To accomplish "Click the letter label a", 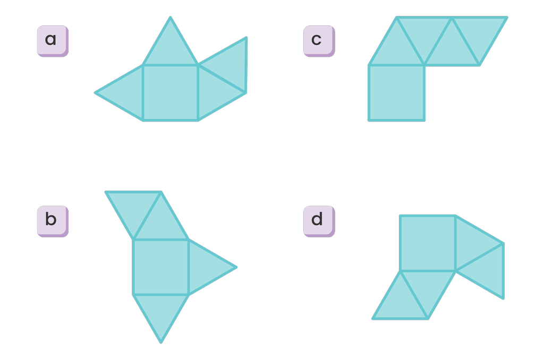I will pyautogui.click(x=52, y=40).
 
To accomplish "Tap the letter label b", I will pyautogui.click(x=52, y=220).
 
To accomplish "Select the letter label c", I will pyautogui.click(x=319, y=40).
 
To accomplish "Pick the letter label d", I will pyautogui.click(x=319, y=220).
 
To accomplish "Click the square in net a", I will pyautogui.click(x=170, y=93).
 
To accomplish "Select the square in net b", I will pyautogui.click(x=160, y=267).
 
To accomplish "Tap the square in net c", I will pyautogui.click(x=396, y=93).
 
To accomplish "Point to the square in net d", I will pyautogui.click(x=427, y=243).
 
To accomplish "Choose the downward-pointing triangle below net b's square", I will pyautogui.click(x=160, y=311).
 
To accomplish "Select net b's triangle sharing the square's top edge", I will pyautogui.click(x=160, y=223).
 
